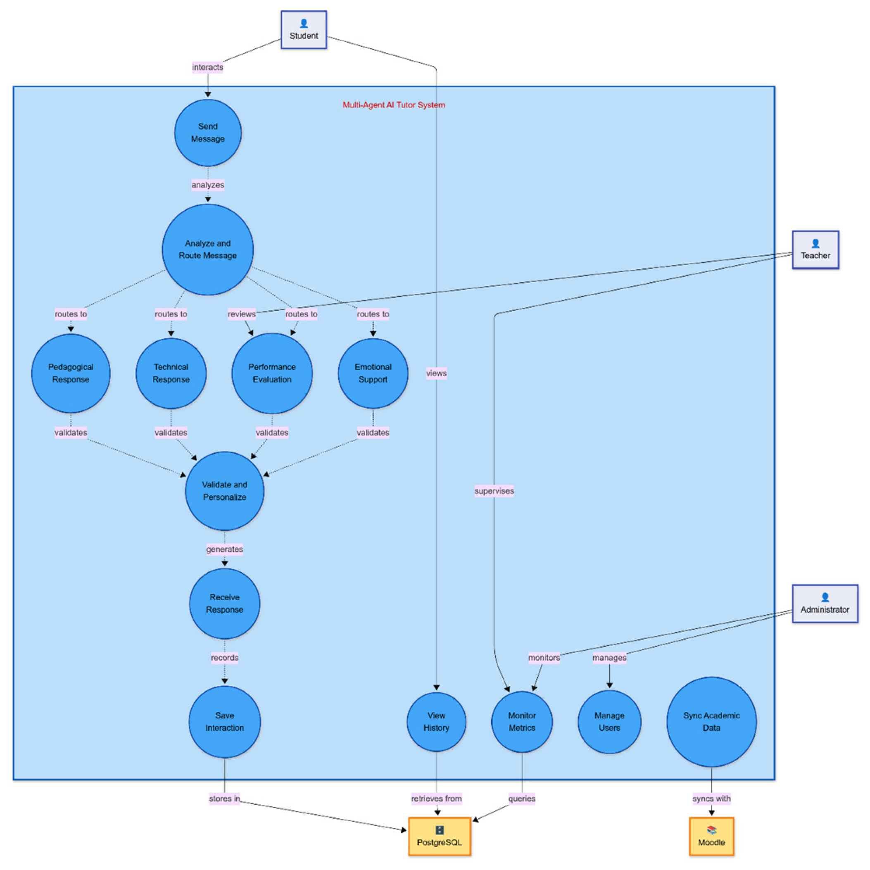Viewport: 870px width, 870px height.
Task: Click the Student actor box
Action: [x=304, y=30]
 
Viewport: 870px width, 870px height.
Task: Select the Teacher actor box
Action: [x=815, y=250]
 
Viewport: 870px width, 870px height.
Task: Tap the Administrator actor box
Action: [x=825, y=604]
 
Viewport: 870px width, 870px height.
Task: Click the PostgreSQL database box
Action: [x=440, y=837]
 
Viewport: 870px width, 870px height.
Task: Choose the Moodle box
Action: [x=711, y=837]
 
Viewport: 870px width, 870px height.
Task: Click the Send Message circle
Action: [x=208, y=133]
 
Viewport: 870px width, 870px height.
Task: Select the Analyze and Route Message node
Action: [x=208, y=250]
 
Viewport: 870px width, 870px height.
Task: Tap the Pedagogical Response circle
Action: [x=71, y=373]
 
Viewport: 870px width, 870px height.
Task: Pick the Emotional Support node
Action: [x=373, y=373]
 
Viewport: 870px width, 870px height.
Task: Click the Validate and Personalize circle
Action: [x=225, y=491]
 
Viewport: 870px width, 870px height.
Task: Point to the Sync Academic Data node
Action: [x=711, y=722]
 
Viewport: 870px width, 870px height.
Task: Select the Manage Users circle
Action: [x=610, y=722]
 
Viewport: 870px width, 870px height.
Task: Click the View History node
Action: [x=436, y=722]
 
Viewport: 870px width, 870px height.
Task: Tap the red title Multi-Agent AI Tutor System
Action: [x=394, y=105]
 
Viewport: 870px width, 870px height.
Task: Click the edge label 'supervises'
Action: [x=494, y=491]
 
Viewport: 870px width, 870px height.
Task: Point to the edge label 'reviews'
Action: [x=242, y=314]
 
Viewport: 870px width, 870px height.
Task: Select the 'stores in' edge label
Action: [x=225, y=799]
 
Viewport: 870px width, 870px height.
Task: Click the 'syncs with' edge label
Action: [x=711, y=799]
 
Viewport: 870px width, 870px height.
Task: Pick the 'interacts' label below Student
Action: [x=208, y=67]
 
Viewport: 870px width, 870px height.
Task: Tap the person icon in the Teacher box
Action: [x=815, y=244]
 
